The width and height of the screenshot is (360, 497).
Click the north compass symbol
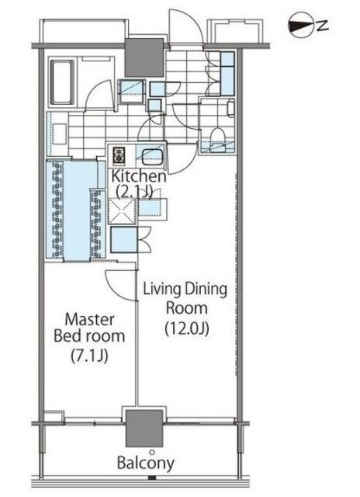coord(299,26)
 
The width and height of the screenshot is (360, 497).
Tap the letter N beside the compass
coord(322,25)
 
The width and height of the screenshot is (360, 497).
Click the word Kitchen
coord(138,176)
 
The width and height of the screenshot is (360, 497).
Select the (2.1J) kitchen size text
coord(134,192)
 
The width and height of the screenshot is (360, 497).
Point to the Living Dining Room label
coord(185,298)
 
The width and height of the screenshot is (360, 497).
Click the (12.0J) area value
coord(187,328)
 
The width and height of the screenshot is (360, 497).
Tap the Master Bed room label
coord(89,328)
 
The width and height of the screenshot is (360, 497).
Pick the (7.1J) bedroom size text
coord(89,356)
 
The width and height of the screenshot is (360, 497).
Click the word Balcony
coord(146,463)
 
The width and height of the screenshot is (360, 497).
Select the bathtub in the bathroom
coord(62,82)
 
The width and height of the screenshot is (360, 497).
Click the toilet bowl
coord(217,136)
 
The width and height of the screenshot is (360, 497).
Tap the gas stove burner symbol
coord(119,155)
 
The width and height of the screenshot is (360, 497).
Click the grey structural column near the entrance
coord(144,57)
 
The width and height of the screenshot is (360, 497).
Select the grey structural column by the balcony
coord(144,428)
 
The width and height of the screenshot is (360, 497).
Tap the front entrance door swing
coord(185,26)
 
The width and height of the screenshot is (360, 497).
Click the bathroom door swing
coord(99,95)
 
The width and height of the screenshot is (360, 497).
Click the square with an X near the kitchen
coord(123,210)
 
